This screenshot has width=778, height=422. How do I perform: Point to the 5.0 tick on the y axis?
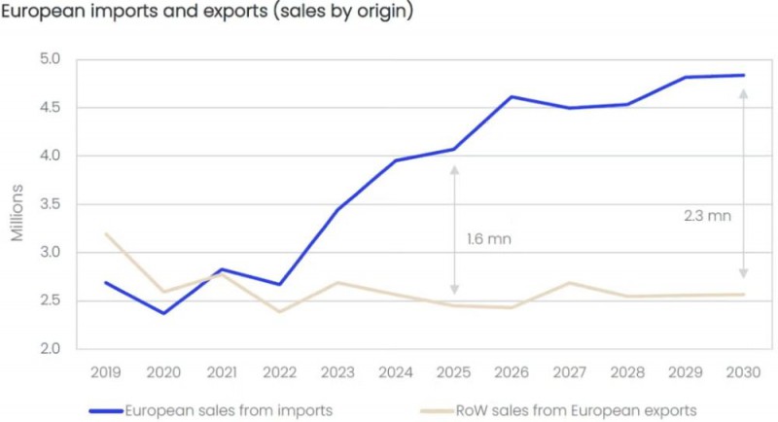51,59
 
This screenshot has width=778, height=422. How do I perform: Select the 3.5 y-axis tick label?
51,204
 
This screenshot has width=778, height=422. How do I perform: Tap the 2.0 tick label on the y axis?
51,349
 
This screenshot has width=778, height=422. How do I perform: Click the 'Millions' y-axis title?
18,218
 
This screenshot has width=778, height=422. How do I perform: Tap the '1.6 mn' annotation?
488,238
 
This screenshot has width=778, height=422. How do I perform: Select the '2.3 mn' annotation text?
707,216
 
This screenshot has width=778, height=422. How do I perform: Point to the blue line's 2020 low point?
163,313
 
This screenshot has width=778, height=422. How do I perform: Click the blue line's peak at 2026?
512,96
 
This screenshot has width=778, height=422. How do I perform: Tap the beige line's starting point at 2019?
105,233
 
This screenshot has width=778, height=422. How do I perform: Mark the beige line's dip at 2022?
279,311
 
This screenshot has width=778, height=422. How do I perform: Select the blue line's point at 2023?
337,209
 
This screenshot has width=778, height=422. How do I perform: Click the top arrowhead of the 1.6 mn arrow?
454,169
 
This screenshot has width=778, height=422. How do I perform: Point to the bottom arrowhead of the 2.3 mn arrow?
744,276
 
